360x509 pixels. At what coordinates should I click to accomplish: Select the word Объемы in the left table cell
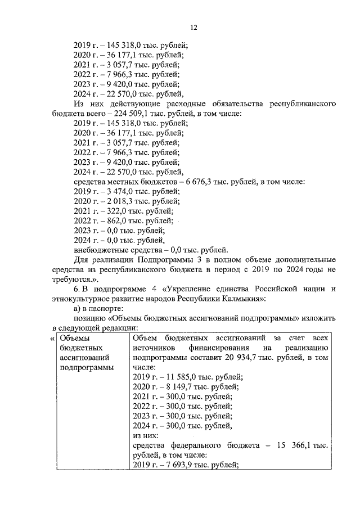[74, 339]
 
